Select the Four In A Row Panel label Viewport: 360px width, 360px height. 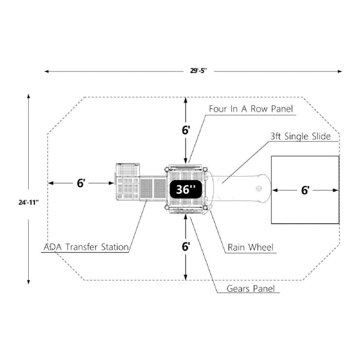click(250, 109)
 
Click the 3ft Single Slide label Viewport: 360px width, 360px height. click(300, 136)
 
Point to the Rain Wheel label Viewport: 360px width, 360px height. click(250, 247)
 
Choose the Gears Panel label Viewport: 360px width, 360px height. click(253, 288)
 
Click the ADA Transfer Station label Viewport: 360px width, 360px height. click(86, 247)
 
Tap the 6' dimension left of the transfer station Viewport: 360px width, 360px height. click(81, 183)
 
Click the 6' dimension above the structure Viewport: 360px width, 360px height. click(186, 130)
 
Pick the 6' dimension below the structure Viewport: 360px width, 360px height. click(186, 246)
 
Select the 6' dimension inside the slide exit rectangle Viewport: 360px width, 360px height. click(305, 190)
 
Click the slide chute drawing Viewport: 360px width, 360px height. click(242, 188)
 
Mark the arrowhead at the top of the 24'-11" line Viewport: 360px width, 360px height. click(29, 96)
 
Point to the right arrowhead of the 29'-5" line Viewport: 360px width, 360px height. click(340, 71)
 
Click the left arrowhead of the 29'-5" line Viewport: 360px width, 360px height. click(46, 71)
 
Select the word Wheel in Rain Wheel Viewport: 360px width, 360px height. click(260, 247)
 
